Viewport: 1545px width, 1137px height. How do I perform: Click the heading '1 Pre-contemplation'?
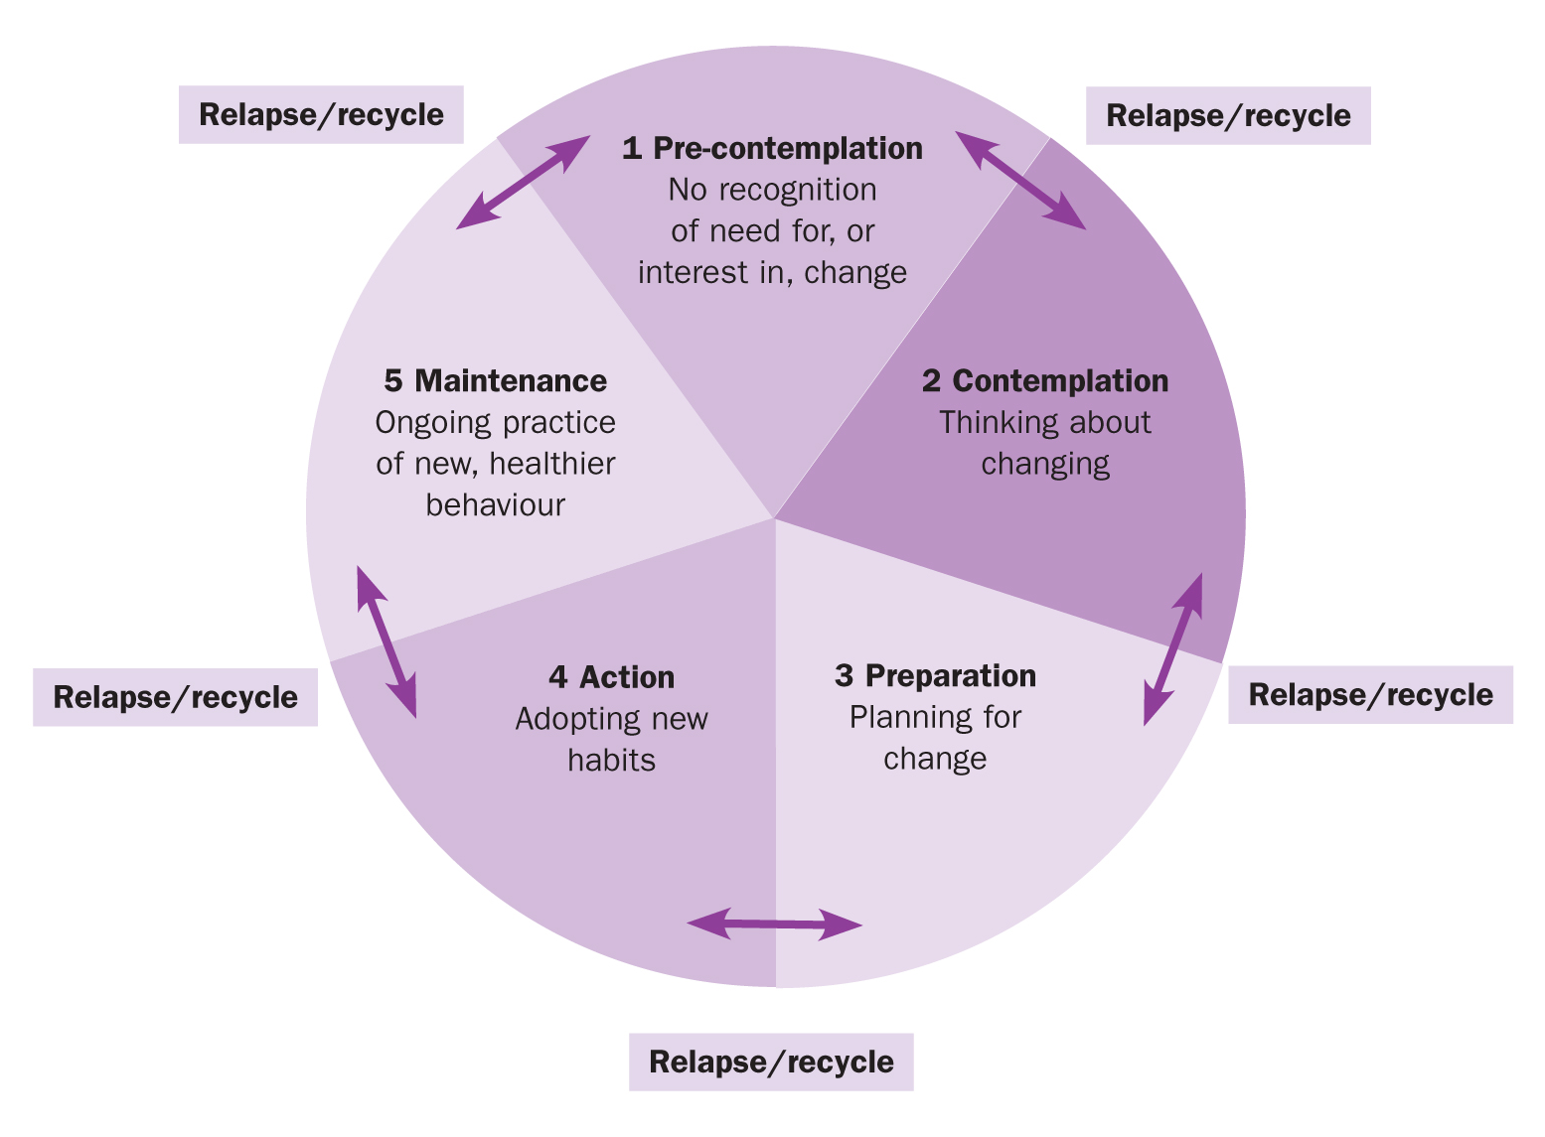tap(772, 148)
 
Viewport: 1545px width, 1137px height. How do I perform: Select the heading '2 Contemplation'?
tap(1044, 380)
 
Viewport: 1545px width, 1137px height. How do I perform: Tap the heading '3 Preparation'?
tap(935, 675)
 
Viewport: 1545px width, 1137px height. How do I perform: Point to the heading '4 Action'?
tap(611, 677)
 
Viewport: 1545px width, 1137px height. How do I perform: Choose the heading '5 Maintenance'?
tap(495, 380)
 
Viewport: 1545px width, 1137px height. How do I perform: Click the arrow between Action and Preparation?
tap(774, 924)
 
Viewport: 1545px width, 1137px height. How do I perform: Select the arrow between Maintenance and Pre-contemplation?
tap(524, 183)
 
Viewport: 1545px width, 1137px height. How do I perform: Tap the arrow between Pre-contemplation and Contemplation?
tap(1020, 180)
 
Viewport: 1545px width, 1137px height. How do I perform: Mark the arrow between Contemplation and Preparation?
tap(1173, 648)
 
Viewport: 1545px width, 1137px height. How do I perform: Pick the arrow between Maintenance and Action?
tap(386, 641)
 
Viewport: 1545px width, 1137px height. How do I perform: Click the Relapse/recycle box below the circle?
tap(771, 1062)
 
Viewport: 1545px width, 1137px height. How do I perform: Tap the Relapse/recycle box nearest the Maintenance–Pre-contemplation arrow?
tap(321, 114)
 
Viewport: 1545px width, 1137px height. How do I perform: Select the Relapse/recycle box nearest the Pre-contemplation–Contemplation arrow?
tap(1228, 115)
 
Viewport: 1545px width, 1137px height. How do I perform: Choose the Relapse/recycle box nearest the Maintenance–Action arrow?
tap(175, 697)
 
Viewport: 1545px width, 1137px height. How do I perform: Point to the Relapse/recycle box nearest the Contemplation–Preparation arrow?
tap(1370, 694)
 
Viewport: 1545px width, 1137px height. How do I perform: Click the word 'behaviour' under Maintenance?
tap(495, 504)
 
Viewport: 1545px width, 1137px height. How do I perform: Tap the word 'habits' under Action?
tap(611, 760)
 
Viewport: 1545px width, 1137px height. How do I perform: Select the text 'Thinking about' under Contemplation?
tap(1044, 422)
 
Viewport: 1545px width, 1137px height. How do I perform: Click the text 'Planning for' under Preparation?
tap(935, 717)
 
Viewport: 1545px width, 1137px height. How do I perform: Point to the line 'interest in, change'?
tap(772, 272)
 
